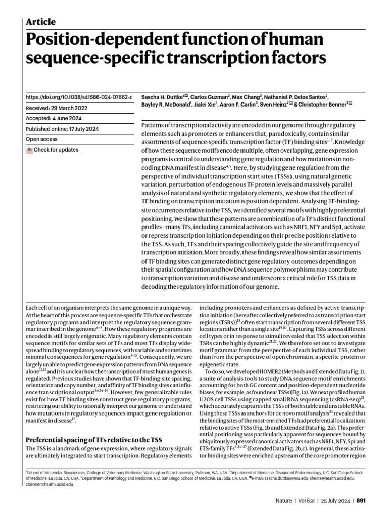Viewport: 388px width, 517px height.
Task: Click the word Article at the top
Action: (x=40, y=22)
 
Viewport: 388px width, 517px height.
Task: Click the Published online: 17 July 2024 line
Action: (x=62, y=129)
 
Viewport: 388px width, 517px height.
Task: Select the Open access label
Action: (x=41, y=139)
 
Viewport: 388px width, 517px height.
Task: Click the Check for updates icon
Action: (x=30, y=150)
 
